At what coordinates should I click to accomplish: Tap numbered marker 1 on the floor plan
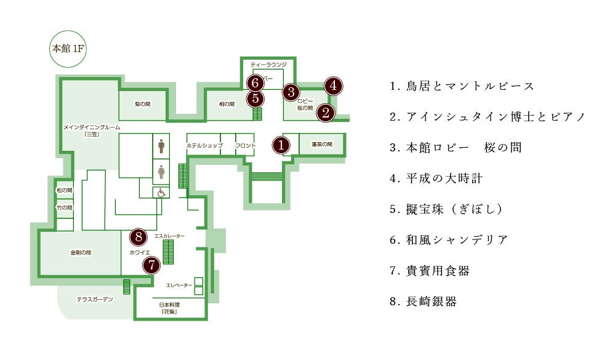(281, 145)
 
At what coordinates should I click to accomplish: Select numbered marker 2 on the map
(325, 112)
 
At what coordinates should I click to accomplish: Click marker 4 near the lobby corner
(333, 85)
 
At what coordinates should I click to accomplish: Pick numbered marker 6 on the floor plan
(254, 82)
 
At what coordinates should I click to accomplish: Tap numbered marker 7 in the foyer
(151, 265)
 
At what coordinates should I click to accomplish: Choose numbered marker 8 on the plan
(139, 236)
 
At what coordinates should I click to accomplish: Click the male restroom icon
(161, 146)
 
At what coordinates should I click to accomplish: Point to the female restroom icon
(161, 171)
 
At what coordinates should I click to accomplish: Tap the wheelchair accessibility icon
(161, 192)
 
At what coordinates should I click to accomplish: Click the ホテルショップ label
(204, 145)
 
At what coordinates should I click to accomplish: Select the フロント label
(245, 145)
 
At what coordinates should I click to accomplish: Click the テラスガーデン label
(95, 300)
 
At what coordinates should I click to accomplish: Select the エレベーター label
(179, 286)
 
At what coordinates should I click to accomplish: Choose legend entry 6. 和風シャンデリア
(449, 240)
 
